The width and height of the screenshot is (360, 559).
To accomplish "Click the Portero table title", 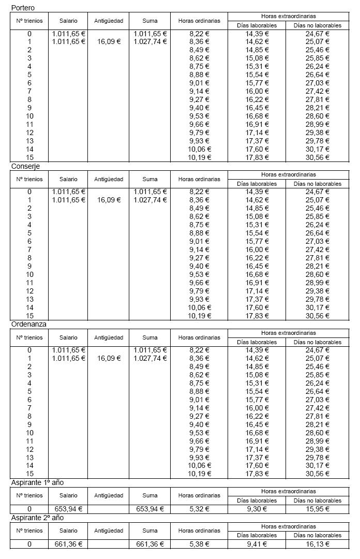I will coord(23,8).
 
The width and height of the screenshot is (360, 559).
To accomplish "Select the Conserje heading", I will coord(25,166).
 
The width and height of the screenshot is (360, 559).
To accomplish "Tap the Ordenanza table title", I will coord(29,324).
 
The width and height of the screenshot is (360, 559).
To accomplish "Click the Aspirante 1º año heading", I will coord(37,482).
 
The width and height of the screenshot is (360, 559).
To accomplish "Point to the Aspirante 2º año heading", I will coord(37,518).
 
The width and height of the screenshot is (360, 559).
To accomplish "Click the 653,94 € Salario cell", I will coord(68,509).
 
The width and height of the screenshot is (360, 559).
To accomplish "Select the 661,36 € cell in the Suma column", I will coord(149,543).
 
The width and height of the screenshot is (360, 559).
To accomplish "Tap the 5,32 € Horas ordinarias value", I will coord(199,509).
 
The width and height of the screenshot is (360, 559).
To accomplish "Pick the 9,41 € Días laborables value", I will coord(257,543).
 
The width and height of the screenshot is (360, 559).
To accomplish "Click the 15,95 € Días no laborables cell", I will coord(318,509).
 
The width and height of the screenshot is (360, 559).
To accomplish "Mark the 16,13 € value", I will coord(318,543).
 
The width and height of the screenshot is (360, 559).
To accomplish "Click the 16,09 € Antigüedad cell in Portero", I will coord(108,41).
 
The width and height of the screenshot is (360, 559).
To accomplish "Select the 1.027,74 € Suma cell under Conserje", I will coord(149,200).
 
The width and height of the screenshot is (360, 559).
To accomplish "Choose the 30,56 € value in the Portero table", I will coord(318,157).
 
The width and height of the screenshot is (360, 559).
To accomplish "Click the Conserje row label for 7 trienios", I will coord(29,249).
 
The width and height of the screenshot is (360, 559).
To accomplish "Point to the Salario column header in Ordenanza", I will coord(68,337).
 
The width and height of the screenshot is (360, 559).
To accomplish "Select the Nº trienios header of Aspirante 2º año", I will coord(29,531).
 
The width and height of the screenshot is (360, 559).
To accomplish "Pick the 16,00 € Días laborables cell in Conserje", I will coord(257,249).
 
